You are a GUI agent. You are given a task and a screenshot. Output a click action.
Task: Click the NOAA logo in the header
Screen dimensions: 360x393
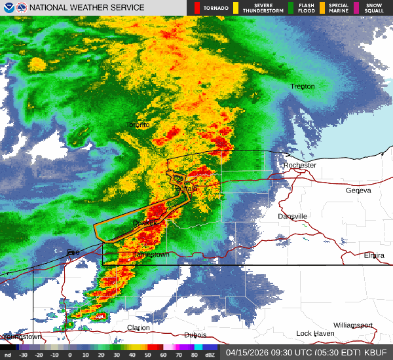7,8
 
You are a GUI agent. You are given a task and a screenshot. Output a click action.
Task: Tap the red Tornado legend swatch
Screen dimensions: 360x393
196,8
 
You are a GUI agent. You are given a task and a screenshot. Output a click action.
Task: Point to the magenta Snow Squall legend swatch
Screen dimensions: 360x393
356,8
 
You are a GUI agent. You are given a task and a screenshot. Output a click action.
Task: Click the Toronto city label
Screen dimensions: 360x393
138,124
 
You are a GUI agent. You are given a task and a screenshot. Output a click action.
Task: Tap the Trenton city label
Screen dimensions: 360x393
303,86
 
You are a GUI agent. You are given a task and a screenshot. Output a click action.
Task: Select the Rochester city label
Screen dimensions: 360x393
300,166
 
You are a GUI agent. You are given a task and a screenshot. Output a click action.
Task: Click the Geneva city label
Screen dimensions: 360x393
358,190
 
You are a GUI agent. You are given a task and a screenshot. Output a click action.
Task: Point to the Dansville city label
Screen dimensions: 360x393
292,217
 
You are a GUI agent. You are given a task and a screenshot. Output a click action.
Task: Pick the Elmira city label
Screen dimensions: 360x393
374,255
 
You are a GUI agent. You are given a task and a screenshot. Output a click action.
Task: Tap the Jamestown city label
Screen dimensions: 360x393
151,255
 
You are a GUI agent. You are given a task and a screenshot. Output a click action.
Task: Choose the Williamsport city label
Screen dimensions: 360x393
352,325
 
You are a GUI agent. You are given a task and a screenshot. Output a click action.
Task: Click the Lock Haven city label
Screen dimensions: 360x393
315,334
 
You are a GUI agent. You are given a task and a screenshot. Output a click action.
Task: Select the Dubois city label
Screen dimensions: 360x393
195,335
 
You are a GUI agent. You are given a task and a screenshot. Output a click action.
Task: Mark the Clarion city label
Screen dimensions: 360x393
138,328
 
